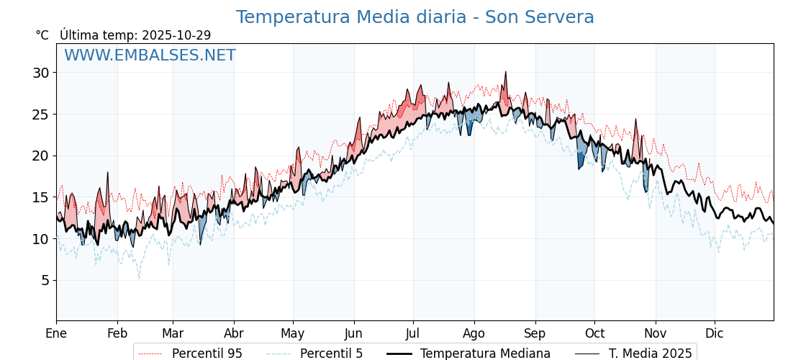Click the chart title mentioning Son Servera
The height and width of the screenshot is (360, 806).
click(415, 17)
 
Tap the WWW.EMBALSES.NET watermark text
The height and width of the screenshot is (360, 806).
click(150, 55)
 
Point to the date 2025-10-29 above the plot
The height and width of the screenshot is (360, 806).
click(176, 35)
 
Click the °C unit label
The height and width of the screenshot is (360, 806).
click(42, 35)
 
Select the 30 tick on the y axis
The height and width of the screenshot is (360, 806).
click(40, 73)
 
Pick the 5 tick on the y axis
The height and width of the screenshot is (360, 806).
click(45, 280)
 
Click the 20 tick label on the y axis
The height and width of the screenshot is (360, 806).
click(40, 156)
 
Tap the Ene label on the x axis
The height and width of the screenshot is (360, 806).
click(56, 334)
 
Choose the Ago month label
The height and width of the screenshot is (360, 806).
click(474, 334)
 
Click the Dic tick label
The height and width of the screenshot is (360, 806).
click(715, 334)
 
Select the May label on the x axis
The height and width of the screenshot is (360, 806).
click(293, 334)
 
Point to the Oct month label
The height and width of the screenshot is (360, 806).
click(594, 334)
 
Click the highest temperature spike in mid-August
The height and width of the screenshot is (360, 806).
click(506, 72)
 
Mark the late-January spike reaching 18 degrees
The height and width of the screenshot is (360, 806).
click(108, 173)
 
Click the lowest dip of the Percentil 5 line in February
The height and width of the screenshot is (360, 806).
click(140, 278)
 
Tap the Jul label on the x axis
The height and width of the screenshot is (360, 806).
click(413, 334)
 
